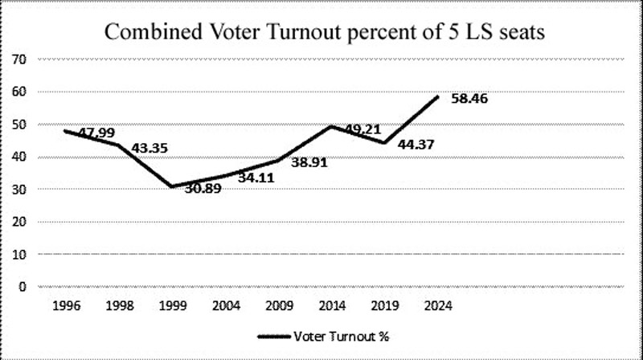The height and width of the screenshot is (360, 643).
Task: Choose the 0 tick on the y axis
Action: (x=24, y=286)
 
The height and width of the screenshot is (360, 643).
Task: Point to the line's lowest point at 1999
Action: (x=170, y=186)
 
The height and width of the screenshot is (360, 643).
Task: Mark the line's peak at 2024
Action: (x=438, y=96)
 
